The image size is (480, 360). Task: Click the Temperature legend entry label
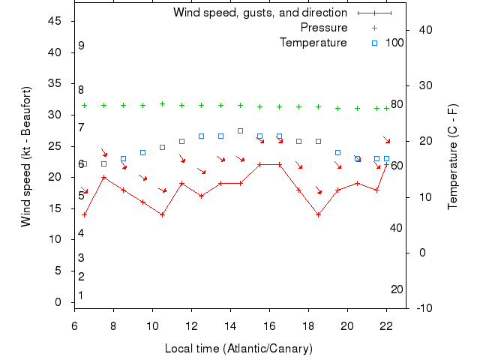pyautogui.click(x=313, y=43)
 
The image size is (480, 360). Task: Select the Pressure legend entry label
pyautogui.click(x=324, y=28)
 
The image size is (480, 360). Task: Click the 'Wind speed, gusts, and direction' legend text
pyautogui.click(x=259, y=13)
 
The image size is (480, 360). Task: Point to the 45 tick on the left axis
pyautogui.click(x=55, y=21)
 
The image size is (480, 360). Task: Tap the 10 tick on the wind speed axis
pyautogui.click(x=55, y=239)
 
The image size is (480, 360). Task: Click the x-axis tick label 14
pyautogui.click(x=230, y=325)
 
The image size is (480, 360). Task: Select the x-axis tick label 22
pyautogui.click(x=386, y=325)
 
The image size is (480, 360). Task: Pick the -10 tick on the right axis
pyautogui.click(x=422, y=307)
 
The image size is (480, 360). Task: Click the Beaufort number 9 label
pyautogui.click(x=81, y=46)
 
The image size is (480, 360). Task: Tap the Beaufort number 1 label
pyautogui.click(x=81, y=295)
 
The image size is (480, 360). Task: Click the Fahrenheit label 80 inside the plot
pyautogui.click(x=397, y=104)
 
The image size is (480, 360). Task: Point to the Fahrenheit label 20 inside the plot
pyautogui.click(x=397, y=289)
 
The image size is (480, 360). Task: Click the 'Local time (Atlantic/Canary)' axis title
pyautogui.click(x=238, y=349)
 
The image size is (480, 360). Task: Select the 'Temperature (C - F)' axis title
pyautogui.click(x=452, y=157)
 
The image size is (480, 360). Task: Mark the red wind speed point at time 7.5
pyautogui.click(x=103, y=178)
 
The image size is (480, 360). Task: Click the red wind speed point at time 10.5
pyautogui.click(x=162, y=214)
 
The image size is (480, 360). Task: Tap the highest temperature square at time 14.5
pyautogui.click(x=240, y=130)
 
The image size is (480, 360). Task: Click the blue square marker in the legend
pyautogui.click(x=374, y=43)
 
